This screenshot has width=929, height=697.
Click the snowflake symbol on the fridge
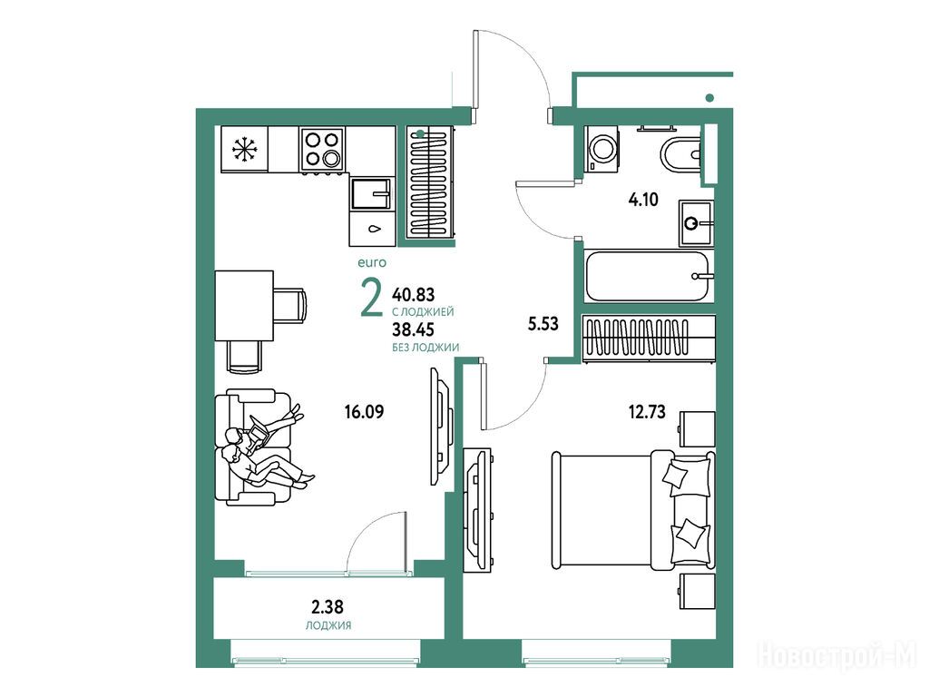(242, 150)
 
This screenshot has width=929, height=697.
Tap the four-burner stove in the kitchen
(322, 149)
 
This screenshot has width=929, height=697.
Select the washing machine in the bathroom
(602, 149)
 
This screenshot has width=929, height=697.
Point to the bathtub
(649, 276)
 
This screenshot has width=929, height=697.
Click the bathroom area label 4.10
(643, 200)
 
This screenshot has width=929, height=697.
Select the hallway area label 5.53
(543, 324)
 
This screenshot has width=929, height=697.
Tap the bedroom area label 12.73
(647, 411)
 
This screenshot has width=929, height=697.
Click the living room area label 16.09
(365, 411)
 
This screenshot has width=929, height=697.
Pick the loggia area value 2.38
(328, 607)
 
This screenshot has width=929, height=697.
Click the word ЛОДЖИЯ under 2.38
(328, 625)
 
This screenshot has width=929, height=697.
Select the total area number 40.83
(414, 294)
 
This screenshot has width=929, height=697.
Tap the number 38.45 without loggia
(414, 329)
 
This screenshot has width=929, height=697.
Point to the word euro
(372, 262)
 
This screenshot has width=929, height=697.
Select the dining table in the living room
(244, 305)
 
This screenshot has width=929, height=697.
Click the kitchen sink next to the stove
(371, 193)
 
